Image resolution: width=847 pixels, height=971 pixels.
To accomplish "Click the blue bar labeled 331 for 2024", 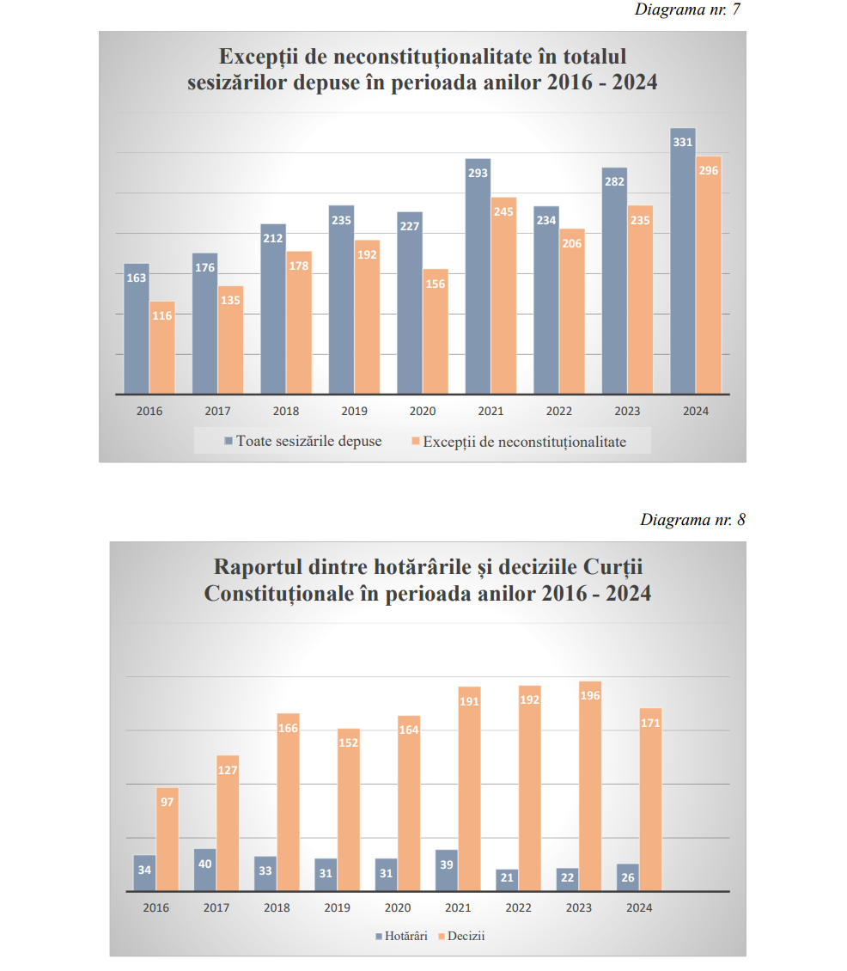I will (x=683, y=262).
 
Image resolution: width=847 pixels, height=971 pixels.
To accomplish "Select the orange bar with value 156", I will (x=436, y=332).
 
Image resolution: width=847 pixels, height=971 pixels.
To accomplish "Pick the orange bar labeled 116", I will (x=162, y=348).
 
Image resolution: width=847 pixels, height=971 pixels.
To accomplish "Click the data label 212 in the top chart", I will (x=273, y=238).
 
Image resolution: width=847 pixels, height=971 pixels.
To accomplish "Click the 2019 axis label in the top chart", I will (x=354, y=411).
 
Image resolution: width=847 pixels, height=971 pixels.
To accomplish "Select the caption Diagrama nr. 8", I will (x=692, y=520).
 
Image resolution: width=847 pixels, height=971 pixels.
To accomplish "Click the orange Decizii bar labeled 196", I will (x=589, y=786).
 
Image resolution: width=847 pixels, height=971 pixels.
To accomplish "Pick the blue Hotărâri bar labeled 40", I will (x=205, y=870).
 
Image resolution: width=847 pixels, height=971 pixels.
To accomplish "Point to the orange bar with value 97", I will (x=168, y=840).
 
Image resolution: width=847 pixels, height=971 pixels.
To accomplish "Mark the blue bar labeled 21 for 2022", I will (x=507, y=880).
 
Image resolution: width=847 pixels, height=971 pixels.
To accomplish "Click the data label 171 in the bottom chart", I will (x=650, y=724).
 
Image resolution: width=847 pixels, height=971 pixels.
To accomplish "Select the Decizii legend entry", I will (x=463, y=936).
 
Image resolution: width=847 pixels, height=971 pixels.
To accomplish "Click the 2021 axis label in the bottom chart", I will (x=458, y=907).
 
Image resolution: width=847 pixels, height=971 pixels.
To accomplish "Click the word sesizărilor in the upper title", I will (x=237, y=82).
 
